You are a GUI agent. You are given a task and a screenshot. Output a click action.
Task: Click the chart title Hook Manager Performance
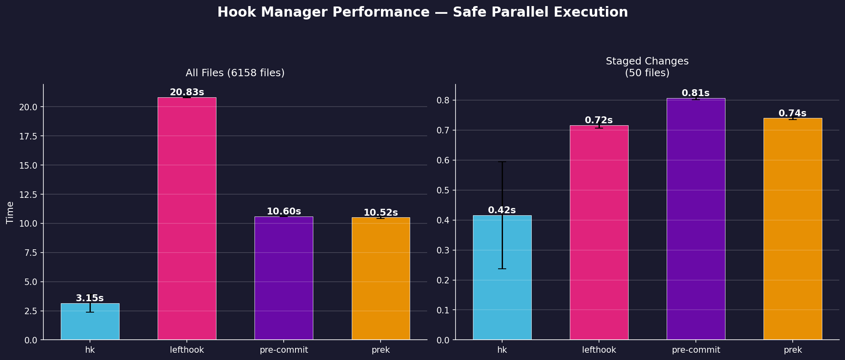(422, 12)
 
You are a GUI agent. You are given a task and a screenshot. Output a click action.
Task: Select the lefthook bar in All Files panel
(187, 219)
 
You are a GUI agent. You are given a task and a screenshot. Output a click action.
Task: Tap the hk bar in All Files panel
(90, 322)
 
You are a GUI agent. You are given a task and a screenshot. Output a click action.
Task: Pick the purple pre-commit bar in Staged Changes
(696, 219)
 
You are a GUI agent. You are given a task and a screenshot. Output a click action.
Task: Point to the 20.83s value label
(187, 92)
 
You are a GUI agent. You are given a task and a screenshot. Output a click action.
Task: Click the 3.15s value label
(90, 298)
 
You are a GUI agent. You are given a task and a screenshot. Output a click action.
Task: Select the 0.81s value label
(695, 93)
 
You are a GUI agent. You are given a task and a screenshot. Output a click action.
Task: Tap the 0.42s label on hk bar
(502, 210)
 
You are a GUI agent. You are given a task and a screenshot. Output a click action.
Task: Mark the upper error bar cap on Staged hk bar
(502, 162)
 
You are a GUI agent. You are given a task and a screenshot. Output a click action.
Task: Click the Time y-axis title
(10, 212)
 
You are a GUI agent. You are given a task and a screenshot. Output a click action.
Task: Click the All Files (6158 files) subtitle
(235, 73)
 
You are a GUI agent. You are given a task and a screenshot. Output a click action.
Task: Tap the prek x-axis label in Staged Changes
(792, 350)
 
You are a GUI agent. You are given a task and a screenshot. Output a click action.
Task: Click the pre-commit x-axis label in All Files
(284, 350)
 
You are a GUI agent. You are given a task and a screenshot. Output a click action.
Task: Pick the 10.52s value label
(381, 213)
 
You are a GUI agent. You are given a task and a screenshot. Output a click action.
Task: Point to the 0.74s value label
(792, 114)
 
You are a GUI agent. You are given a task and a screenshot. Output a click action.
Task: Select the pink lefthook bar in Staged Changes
(599, 233)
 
